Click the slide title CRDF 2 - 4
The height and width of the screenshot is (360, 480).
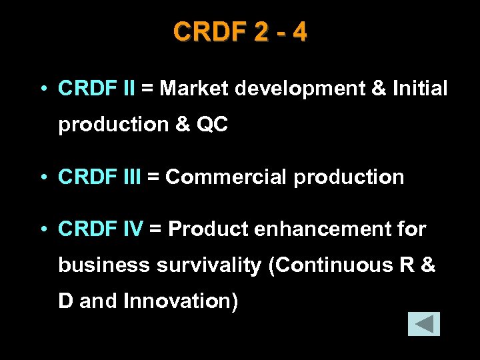[x=240, y=32]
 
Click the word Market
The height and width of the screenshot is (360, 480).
[x=193, y=88]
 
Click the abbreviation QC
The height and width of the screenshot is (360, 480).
[x=213, y=124]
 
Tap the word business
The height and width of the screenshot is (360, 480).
[x=104, y=265]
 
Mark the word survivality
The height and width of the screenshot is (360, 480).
[x=209, y=265]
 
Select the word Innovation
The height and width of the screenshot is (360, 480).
[x=180, y=301]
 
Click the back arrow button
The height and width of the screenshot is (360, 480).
[x=424, y=323]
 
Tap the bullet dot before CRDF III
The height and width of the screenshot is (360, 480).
[x=42, y=177]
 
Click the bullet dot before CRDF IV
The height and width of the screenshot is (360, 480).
[x=42, y=230]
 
